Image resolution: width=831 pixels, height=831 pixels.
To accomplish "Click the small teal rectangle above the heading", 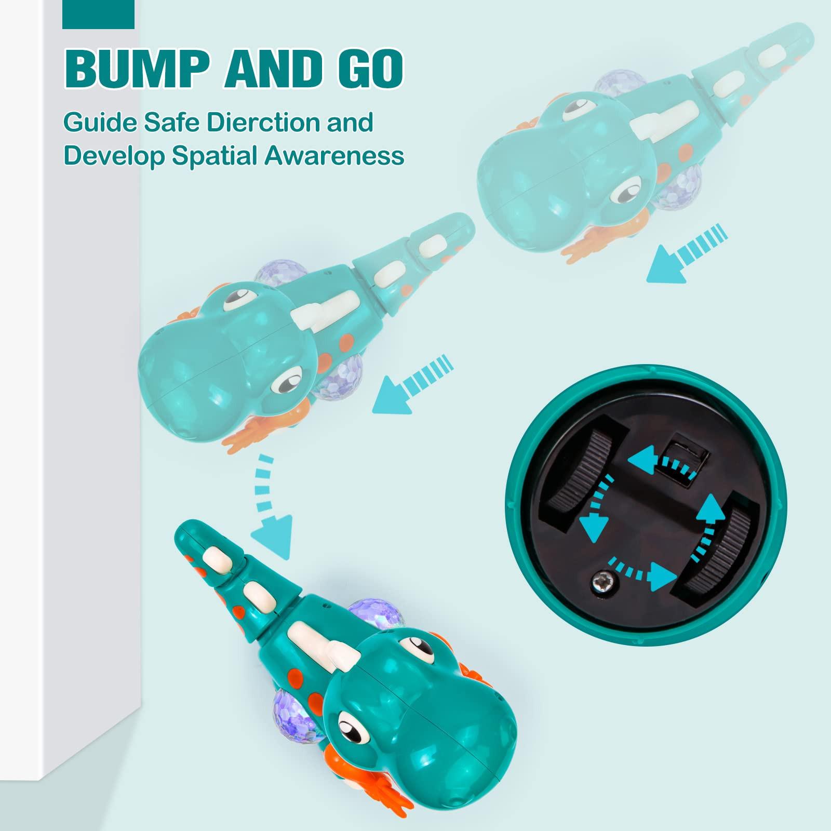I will pos(98,14).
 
